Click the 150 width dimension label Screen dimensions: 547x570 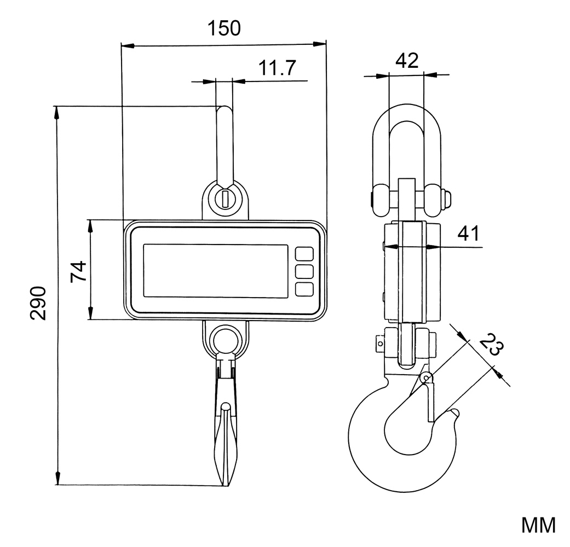[x=223, y=28]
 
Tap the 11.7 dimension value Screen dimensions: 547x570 [x=277, y=68]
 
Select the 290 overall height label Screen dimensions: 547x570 [x=39, y=302]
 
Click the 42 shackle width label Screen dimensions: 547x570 [x=406, y=60]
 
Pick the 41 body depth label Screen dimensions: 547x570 [x=468, y=234]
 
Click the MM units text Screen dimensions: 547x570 [x=538, y=525]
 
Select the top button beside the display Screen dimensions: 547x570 [x=304, y=254]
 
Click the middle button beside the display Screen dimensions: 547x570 [x=304, y=271]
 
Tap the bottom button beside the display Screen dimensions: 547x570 [x=304, y=289]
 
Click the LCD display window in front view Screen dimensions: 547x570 [x=216, y=271]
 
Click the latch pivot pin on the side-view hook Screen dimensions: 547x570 [x=427, y=377]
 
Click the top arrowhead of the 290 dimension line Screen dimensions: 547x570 [x=56, y=112]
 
